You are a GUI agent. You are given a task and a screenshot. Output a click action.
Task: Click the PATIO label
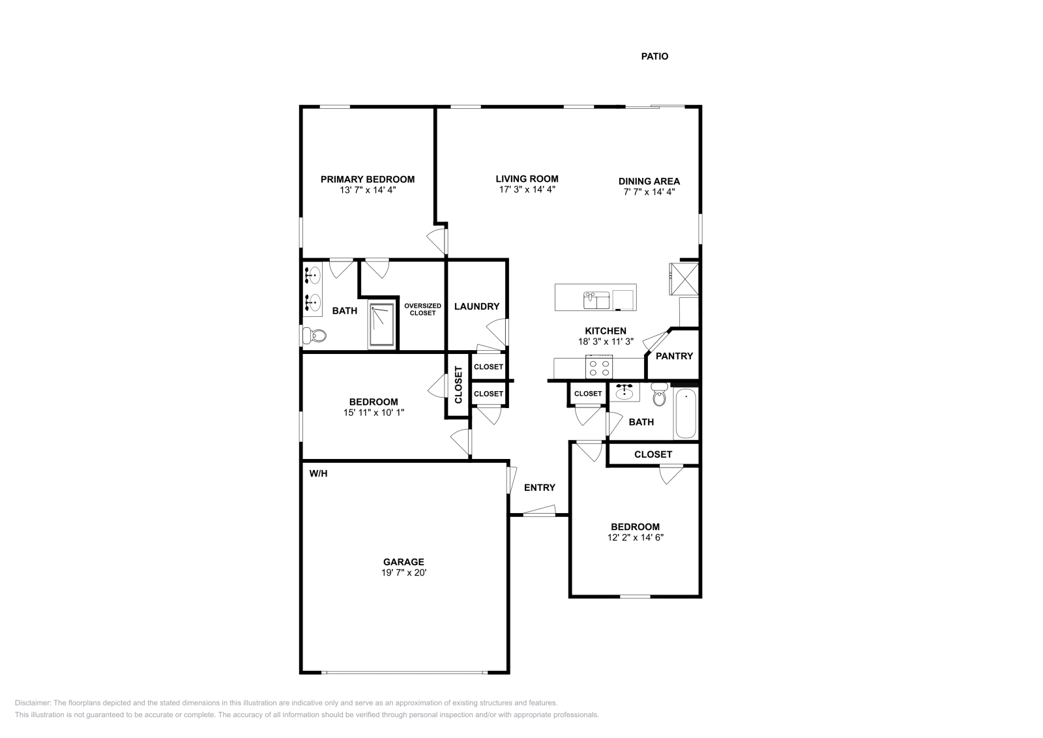coord(654,57)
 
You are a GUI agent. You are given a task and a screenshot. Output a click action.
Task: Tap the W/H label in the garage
coord(318,474)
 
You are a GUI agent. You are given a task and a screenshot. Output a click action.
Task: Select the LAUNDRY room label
coord(477,306)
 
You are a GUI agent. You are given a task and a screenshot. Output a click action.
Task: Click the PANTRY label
coord(674,356)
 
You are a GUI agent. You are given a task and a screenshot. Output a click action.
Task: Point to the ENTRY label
coord(540,488)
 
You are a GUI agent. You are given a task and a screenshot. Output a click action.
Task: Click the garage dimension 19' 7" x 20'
coord(404,573)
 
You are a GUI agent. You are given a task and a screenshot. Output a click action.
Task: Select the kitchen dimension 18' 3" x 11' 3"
coord(605,341)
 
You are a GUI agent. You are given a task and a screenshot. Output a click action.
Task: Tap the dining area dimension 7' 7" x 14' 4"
coord(649,192)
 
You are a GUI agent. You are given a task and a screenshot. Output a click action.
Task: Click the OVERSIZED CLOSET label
coord(422,310)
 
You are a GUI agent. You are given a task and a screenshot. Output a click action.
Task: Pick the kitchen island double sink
coord(596,300)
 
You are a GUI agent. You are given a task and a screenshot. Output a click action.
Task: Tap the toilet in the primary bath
coord(314,336)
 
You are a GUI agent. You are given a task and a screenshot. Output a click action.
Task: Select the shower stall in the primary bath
coord(382,324)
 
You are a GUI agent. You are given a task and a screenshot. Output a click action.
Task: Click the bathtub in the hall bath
coord(686,414)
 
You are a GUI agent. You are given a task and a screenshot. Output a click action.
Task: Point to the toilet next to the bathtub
coord(659,395)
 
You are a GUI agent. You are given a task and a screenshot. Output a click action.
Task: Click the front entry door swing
coord(539,510)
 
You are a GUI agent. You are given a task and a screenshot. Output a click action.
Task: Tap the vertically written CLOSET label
coord(458,385)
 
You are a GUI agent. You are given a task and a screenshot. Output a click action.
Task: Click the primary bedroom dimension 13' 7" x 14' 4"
coord(368,190)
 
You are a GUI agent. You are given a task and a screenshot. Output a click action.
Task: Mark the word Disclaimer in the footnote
coord(32,703)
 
